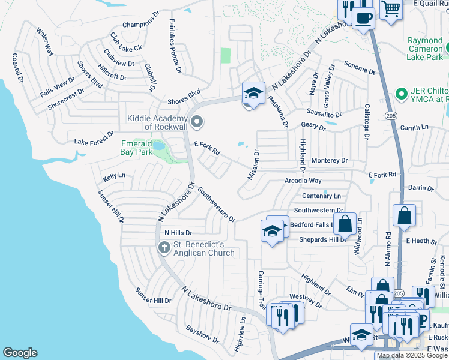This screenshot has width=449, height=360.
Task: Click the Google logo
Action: pos(20,353)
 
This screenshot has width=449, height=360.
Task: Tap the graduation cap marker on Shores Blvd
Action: pos(253,94)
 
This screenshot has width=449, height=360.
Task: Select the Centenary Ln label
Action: pos(321,196)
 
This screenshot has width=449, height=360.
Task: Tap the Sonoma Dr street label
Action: pos(359,67)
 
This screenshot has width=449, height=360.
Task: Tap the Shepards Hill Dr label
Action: pos(323,239)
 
